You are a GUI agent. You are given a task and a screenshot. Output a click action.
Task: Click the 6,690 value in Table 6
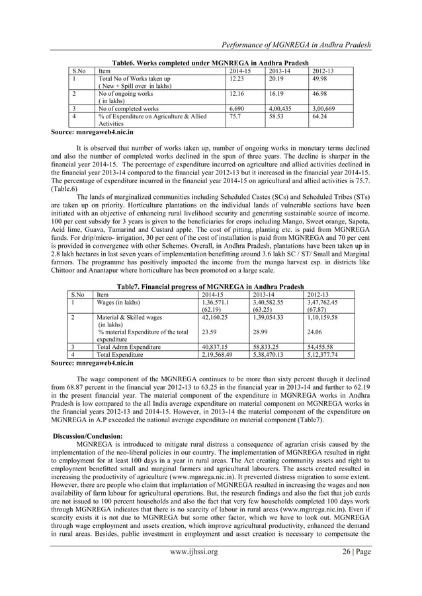pos(236,106)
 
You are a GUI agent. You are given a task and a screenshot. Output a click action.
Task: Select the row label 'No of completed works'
pos(128,106)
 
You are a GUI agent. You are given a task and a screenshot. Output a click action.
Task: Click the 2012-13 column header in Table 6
pos(325,69)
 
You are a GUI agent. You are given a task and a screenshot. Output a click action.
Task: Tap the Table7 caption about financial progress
pos(210,286)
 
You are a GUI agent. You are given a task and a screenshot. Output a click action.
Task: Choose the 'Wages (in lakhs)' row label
pos(118,301)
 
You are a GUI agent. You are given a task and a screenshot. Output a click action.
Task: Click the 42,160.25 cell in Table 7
pos(216,317)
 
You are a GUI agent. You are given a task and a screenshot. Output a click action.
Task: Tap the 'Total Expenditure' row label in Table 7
pos(124,354)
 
